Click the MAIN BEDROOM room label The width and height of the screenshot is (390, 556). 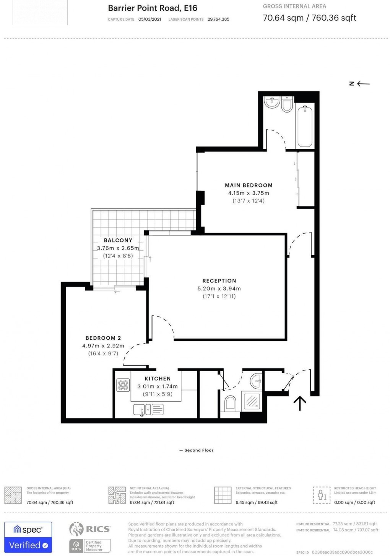(249, 185)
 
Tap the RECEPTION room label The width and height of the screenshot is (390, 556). (219, 281)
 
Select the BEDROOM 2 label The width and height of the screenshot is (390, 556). (103, 338)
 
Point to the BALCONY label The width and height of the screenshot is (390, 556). (118, 240)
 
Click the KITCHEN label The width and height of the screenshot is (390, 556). (158, 378)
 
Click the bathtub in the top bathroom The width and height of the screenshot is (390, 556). (305, 126)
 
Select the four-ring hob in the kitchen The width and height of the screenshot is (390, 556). (123, 385)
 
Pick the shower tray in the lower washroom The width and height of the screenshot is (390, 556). (252, 401)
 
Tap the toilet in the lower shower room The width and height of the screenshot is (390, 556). (231, 403)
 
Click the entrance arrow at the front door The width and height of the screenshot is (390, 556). (300, 403)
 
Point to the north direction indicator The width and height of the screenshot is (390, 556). (359, 83)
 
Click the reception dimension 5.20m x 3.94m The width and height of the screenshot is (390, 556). (219, 289)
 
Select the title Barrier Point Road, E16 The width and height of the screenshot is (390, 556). (153, 8)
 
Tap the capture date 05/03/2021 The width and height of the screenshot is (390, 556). (149, 19)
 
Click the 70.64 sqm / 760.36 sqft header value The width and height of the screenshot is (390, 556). (309, 18)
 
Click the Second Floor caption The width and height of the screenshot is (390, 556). (197, 450)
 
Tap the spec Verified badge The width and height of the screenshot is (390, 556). (28, 537)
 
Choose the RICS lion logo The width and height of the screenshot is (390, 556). (76, 529)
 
